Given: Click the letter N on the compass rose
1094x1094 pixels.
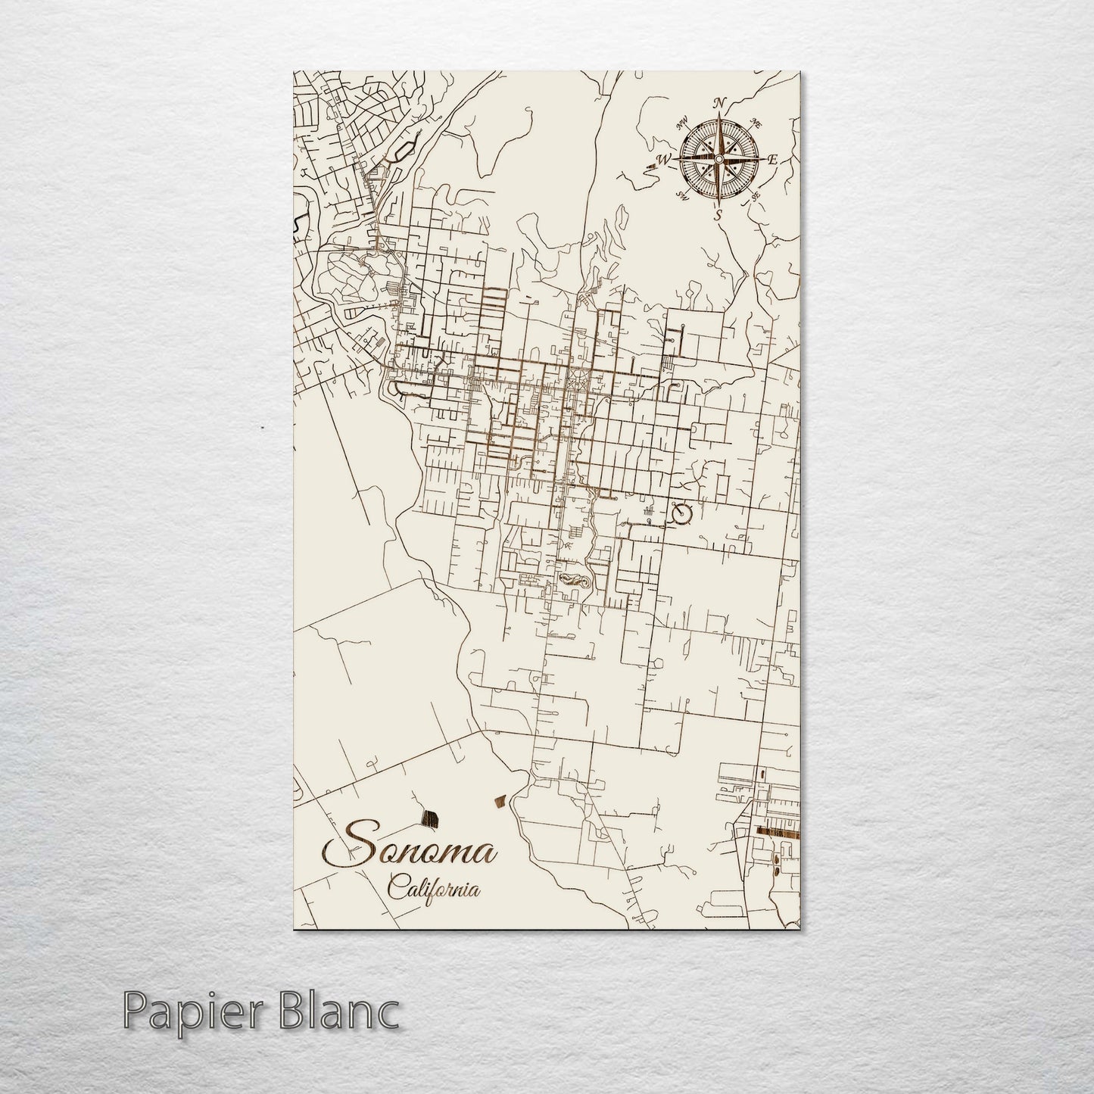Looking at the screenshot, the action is [x=720, y=104].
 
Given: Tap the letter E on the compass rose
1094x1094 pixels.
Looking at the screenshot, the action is [x=773, y=160].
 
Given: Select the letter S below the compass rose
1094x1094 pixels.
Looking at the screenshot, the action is [x=718, y=215].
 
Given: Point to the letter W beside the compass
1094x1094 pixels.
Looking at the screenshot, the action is [x=664, y=160].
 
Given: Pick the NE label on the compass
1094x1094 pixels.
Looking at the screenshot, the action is [x=755, y=122].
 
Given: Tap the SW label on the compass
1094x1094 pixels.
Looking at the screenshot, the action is [x=682, y=197].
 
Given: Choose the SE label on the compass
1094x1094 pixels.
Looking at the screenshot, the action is [x=755, y=196].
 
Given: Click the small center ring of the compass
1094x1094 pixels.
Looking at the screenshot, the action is [x=718, y=159].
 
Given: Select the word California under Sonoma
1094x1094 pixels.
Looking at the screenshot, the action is [x=434, y=887].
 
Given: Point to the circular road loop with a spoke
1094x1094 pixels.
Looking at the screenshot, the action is [x=682, y=514].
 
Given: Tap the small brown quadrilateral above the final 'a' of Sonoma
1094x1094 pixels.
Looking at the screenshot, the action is [x=500, y=800].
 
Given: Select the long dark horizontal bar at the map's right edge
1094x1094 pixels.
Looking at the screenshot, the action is [x=778, y=833].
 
